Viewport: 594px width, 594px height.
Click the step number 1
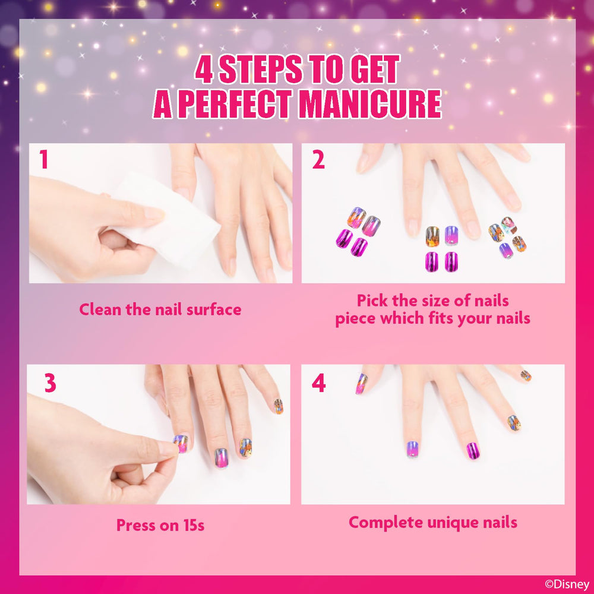coord(44,159)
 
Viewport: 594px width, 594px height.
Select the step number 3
coord(50,383)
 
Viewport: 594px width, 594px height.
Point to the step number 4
coord(318,383)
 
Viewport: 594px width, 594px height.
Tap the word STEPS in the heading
coord(261,69)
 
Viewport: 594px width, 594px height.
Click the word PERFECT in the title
coord(235,104)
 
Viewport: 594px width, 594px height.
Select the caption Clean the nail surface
coord(160,309)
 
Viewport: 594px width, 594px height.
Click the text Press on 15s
coord(160,526)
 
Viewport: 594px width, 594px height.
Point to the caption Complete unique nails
coord(433,523)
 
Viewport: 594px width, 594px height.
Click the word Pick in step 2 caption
coord(372,301)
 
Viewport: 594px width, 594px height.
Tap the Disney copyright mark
coord(567,584)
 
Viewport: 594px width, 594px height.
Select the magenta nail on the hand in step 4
coord(473,450)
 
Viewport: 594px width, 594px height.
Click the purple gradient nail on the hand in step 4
coord(412,449)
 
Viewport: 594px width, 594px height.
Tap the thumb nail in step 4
coord(361,383)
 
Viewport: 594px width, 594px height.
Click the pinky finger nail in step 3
coord(279,406)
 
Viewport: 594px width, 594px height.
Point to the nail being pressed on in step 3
coord(181,444)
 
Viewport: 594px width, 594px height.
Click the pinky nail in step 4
coord(526,375)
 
